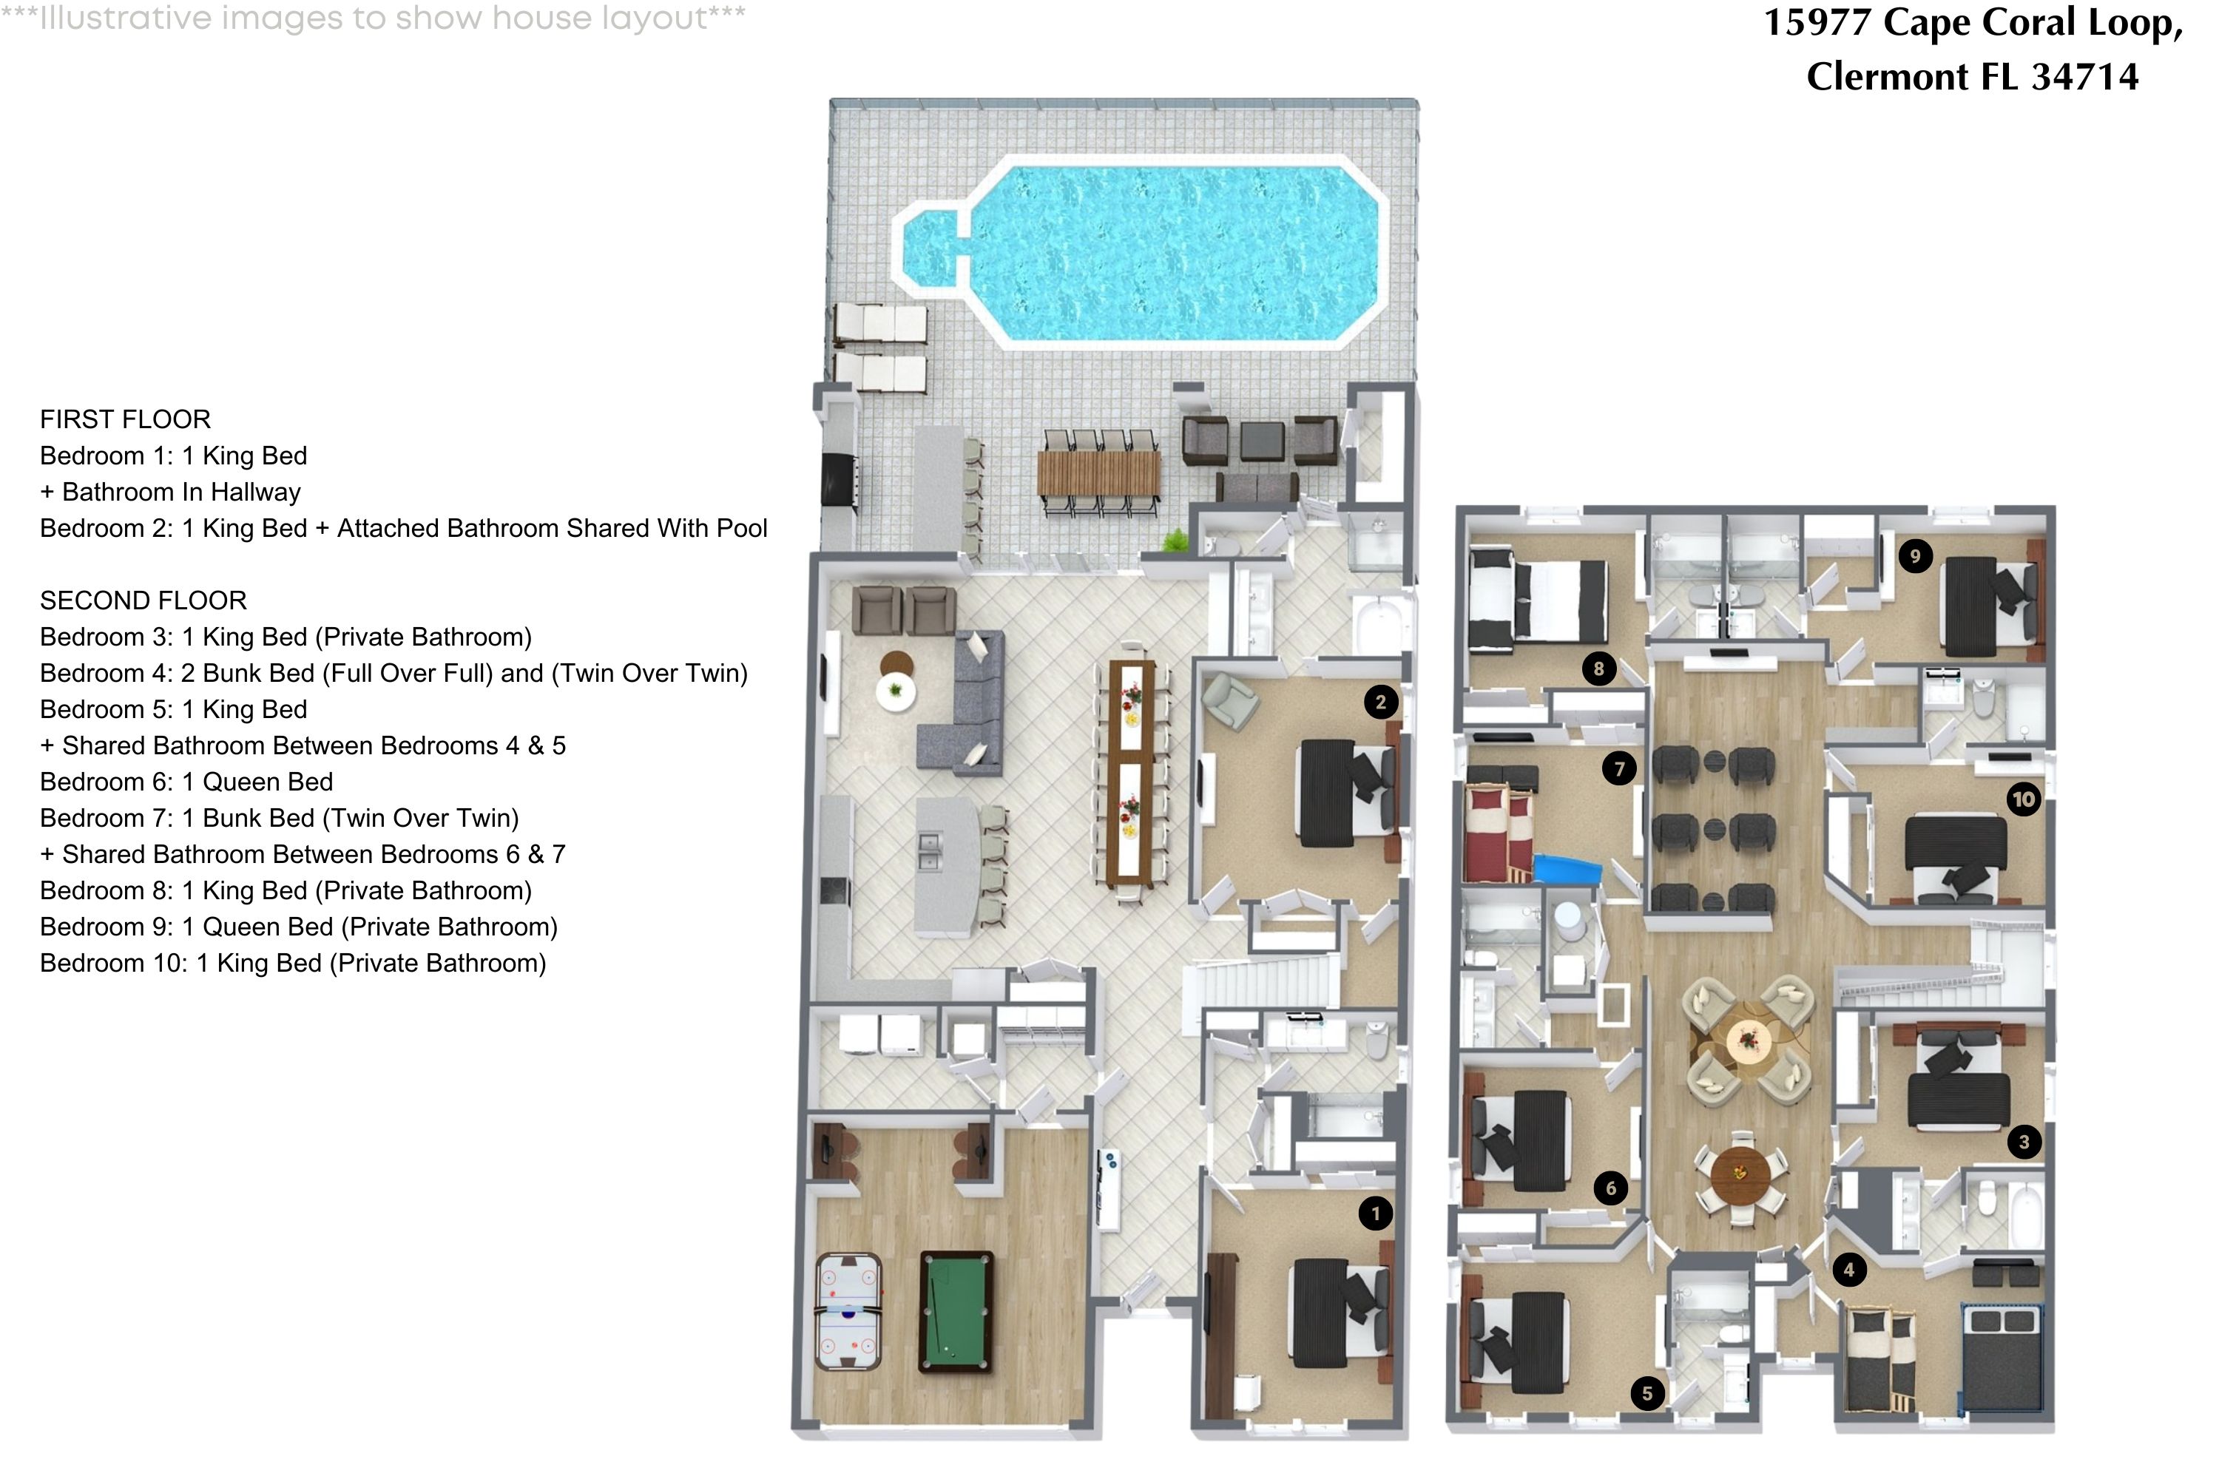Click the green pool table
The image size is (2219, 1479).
(x=956, y=1311)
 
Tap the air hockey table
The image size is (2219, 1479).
(x=848, y=1311)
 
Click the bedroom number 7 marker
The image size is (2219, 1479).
(x=1619, y=769)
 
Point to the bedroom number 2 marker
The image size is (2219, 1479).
(x=1380, y=702)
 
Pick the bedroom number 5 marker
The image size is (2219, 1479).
(x=1647, y=1393)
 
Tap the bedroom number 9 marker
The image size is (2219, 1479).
(x=1914, y=555)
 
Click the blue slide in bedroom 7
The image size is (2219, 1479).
(x=1566, y=867)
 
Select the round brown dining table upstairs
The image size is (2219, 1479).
(x=1740, y=1174)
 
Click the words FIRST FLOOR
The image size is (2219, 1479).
(x=126, y=419)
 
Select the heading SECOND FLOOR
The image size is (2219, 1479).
(x=143, y=600)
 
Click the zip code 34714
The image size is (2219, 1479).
(x=2084, y=76)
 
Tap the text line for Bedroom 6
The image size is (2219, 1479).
(x=186, y=782)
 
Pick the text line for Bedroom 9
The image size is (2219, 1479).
(x=298, y=927)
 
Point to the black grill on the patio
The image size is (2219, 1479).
(x=839, y=481)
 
